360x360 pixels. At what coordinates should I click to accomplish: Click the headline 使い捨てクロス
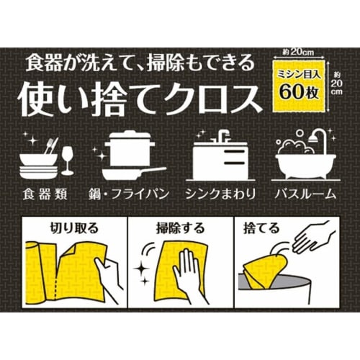tap(137, 96)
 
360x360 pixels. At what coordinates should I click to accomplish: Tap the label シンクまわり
tap(221, 194)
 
